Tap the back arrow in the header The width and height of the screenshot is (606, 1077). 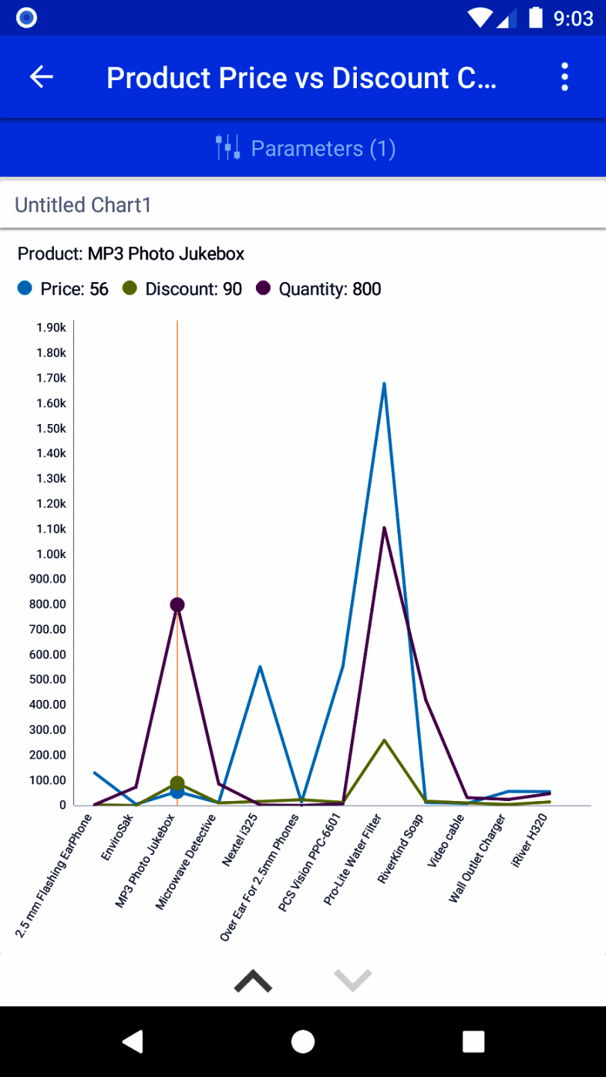41,77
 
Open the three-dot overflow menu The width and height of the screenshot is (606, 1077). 565,77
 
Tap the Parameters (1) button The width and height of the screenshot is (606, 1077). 304,148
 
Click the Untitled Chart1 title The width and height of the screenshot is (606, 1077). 83,205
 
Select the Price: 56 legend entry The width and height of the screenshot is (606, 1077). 64,289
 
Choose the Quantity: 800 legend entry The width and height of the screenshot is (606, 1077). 319,289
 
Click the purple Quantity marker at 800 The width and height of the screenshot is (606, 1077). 177,604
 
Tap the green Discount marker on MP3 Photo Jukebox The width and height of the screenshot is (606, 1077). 177,783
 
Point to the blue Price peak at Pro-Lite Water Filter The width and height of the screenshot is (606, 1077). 384,384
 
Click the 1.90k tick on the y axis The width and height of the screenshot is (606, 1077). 51,328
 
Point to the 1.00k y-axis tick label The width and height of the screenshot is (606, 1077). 51,554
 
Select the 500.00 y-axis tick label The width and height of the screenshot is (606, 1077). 48,680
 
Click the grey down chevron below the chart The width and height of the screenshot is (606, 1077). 352,980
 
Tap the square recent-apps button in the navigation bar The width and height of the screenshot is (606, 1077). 474,1041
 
